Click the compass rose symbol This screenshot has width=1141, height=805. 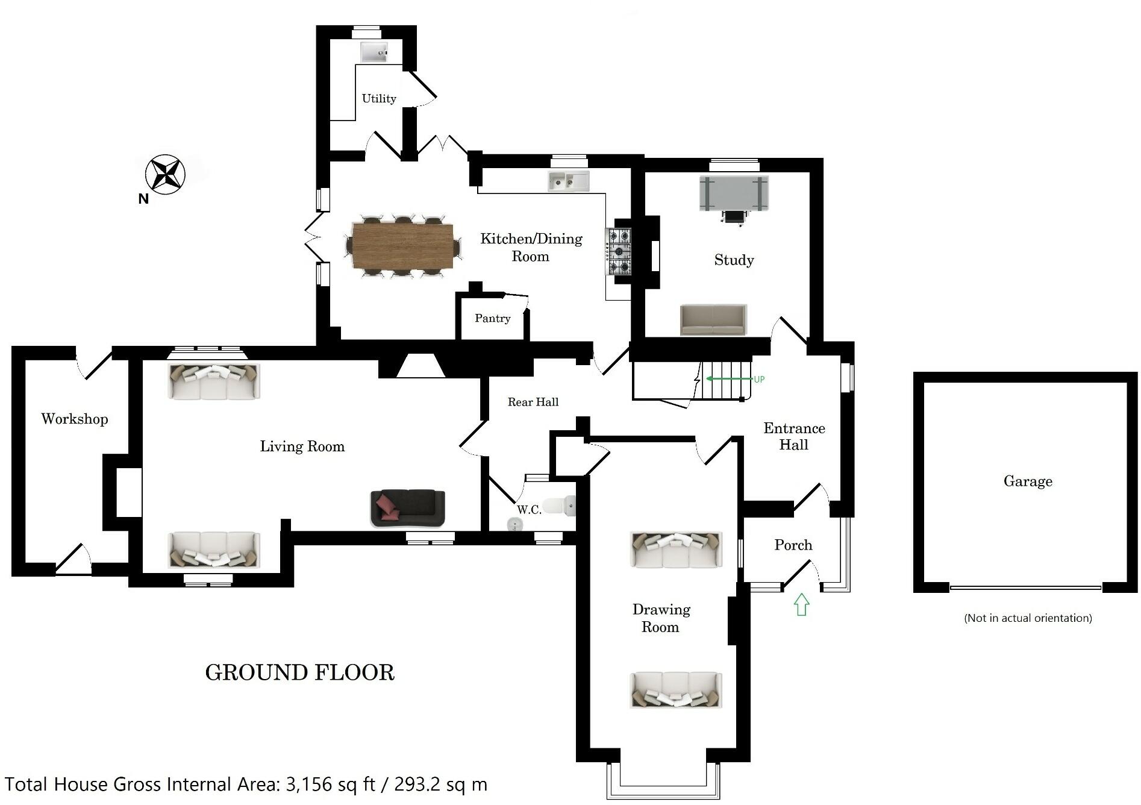click(164, 174)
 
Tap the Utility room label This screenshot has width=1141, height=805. click(378, 98)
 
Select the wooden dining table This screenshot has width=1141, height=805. click(402, 246)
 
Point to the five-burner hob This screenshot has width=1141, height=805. click(619, 251)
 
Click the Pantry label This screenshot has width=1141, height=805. click(492, 318)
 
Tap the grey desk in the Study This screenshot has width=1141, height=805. click(734, 193)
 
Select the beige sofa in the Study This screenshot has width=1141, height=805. click(713, 319)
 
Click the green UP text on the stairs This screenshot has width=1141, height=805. click(758, 379)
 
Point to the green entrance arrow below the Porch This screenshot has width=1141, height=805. click(801, 604)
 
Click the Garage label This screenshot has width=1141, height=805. click(1028, 481)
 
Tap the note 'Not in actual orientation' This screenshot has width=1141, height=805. click(1028, 618)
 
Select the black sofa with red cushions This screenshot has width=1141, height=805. click(408, 507)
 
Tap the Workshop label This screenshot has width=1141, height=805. click(75, 419)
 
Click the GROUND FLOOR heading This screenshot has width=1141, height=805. click(299, 672)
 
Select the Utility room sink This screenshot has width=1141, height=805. click(374, 52)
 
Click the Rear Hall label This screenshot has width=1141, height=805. click(533, 402)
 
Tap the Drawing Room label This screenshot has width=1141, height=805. click(661, 618)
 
